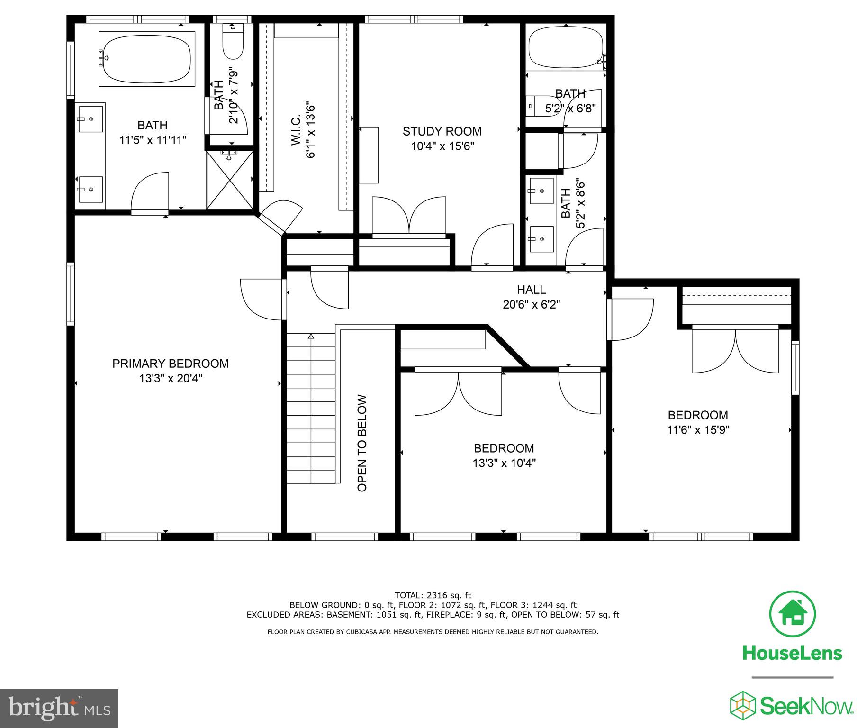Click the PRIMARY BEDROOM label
click(171, 364)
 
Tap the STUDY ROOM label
click(442, 131)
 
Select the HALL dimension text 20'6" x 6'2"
click(531, 304)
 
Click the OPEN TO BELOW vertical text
click(362, 443)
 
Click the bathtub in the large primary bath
click(147, 59)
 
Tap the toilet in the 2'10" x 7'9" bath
click(233, 43)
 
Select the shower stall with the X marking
click(230, 180)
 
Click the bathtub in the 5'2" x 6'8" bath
click(566, 47)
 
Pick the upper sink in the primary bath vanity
click(91, 119)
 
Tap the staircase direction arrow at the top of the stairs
click(311, 337)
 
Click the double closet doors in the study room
click(409, 216)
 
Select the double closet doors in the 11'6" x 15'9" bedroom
click(735, 351)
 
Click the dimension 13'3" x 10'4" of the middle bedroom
click(504, 463)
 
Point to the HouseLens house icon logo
click(793, 614)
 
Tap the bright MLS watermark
click(59, 708)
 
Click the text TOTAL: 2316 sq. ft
click(433, 595)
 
